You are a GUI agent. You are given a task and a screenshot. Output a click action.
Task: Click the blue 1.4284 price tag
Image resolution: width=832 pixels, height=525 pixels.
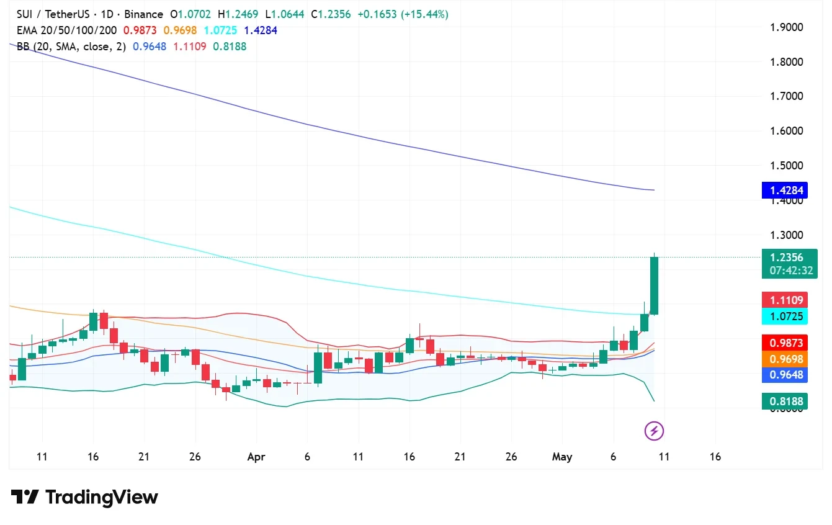click(784, 191)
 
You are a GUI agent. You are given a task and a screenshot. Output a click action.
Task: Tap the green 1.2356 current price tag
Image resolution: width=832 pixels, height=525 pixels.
click(790, 264)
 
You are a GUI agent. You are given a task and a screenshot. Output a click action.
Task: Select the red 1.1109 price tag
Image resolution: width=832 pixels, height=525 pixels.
click(784, 300)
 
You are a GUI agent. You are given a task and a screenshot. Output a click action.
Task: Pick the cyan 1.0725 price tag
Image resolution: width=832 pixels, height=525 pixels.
click(784, 316)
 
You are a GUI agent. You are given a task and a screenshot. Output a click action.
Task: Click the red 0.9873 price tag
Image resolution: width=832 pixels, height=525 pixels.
click(784, 343)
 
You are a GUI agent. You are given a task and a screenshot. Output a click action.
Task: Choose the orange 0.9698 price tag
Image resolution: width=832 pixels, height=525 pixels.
click(784, 359)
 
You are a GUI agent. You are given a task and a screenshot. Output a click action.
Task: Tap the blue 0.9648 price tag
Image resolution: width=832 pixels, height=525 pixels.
click(784, 375)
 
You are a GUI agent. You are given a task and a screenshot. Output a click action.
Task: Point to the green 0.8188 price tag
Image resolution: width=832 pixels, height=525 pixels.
click(784, 402)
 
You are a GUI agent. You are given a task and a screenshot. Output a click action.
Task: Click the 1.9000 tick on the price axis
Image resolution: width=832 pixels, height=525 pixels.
click(786, 27)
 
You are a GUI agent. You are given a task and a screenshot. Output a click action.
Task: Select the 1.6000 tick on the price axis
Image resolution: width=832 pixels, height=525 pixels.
click(786, 131)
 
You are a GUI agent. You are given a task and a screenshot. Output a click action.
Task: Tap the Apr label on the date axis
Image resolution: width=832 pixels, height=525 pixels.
click(256, 457)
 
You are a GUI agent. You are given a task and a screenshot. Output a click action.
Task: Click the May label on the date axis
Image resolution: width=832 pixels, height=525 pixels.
click(562, 457)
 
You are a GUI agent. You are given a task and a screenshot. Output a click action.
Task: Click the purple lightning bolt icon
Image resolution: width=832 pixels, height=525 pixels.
click(654, 431)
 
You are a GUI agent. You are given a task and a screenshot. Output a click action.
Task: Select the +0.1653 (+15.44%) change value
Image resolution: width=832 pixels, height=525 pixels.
click(403, 14)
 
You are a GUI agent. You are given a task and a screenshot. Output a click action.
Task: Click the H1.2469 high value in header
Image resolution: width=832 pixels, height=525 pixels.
click(238, 14)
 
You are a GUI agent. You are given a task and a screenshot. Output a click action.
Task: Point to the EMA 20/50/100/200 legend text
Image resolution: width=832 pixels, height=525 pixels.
click(66, 30)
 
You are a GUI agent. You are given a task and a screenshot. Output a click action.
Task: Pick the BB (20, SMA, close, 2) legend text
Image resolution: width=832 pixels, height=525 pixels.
click(71, 47)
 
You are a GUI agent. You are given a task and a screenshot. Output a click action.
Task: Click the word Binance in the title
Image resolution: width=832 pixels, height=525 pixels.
click(144, 14)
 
